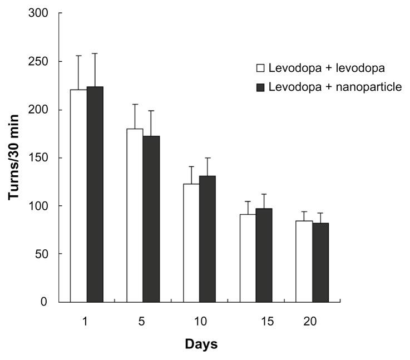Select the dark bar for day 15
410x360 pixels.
pos(265,255)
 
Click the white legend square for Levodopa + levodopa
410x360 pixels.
pos(260,68)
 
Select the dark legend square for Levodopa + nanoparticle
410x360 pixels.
pos(260,87)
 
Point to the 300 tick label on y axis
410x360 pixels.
pos(43,13)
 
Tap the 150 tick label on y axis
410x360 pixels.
pos(43,157)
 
